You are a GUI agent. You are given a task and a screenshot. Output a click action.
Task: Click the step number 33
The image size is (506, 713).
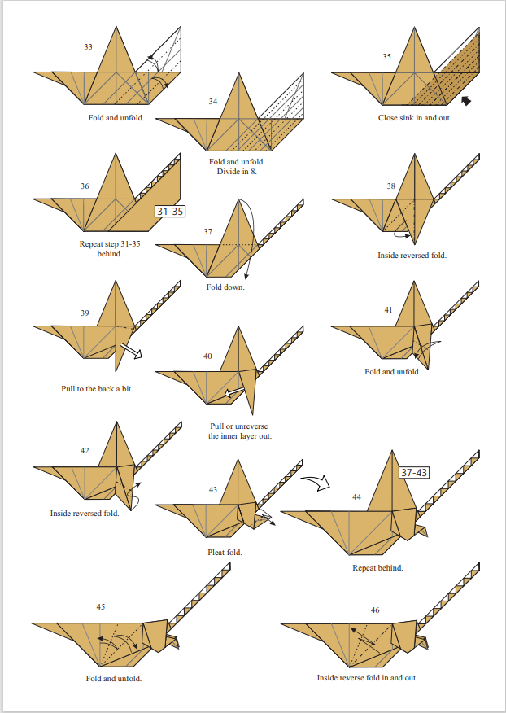[88, 46]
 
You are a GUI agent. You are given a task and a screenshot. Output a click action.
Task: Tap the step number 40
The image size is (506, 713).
[207, 356]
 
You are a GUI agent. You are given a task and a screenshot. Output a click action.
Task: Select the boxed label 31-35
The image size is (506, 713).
[170, 212]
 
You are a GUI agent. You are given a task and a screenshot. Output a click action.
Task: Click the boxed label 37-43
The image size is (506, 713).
[414, 473]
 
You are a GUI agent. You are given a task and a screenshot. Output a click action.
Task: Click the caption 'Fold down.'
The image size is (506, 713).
[225, 287]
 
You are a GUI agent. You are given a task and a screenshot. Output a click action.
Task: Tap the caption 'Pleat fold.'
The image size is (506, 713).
[225, 553]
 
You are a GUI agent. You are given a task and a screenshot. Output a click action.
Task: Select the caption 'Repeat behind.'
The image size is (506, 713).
[377, 567]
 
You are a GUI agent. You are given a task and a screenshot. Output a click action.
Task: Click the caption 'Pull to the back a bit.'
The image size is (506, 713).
[97, 389]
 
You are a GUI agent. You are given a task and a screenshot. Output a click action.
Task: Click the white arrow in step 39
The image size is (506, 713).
[129, 352]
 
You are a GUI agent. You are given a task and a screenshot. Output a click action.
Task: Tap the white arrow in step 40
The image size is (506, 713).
[234, 394]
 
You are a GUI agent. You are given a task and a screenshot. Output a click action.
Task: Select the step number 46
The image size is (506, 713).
[374, 610]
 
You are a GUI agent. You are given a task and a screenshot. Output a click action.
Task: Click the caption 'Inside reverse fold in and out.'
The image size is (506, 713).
[367, 678]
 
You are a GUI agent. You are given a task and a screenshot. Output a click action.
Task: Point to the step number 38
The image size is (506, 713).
[391, 186]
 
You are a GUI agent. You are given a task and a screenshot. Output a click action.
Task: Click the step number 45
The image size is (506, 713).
[101, 607]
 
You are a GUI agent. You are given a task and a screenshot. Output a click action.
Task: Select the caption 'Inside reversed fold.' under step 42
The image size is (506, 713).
[85, 514]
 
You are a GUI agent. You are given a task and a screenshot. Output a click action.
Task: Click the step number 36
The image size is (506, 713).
[85, 186]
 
